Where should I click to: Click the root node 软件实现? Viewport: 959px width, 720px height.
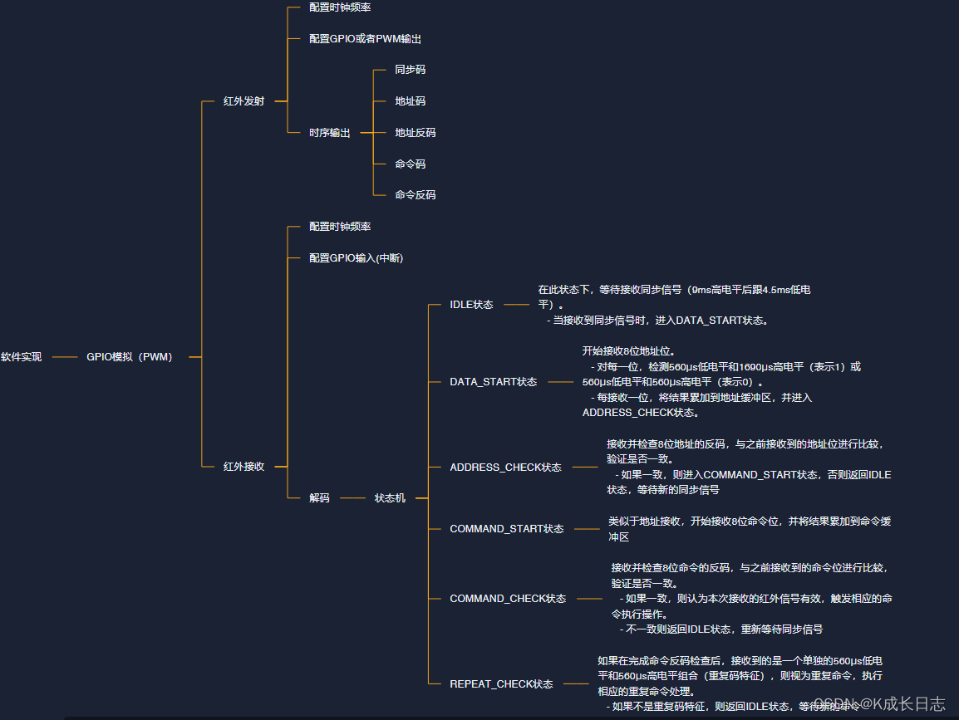click(x=21, y=357)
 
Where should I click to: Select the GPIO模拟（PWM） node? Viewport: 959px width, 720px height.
click(x=130, y=357)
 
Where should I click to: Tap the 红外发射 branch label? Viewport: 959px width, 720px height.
click(x=243, y=101)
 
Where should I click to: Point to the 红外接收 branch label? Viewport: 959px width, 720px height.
click(x=243, y=467)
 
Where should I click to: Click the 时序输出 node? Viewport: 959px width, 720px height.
click(x=329, y=133)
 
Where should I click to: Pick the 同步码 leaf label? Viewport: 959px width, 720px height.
click(x=410, y=70)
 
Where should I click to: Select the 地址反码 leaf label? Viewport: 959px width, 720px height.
click(x=415, y=133)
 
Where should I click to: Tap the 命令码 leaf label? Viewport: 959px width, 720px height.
click(x=410, y=164)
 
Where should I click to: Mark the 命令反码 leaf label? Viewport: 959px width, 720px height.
click(x=415, y=195)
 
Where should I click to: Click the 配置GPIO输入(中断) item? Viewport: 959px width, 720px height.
click(x=356, y=258)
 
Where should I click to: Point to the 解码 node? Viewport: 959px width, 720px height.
click(x=319, y=498)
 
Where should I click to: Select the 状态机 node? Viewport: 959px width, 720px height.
click(x=390, y=498)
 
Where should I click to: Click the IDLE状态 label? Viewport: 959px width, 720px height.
click(x=471, y=305)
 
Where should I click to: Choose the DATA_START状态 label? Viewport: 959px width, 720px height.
click(x=493, y=382)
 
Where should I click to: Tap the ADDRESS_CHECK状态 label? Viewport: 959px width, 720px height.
click(x=505, y=468)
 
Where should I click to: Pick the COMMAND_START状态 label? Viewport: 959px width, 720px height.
click(x=506, y=529)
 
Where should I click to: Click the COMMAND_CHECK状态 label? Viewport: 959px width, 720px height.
click(x=508, y=599)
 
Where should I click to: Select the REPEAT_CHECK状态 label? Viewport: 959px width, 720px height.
click(x=501, y=684)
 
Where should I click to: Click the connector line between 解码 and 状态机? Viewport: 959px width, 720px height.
click(x=352, y=498)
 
